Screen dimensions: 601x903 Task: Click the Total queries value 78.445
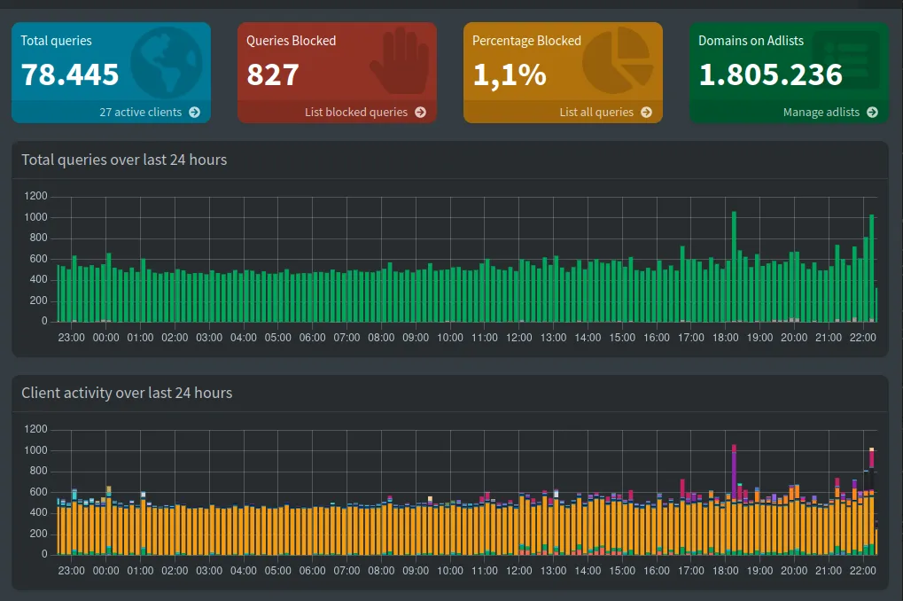click(70, 74)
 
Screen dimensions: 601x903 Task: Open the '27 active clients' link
click(149, 113)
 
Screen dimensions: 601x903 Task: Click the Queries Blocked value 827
click(273, 74)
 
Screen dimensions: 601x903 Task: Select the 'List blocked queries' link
click(364, 113)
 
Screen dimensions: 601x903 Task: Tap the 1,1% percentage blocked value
click(509, 74)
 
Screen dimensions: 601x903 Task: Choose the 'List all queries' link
click(604, 113)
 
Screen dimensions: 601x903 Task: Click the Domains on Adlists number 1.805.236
click(770, 74)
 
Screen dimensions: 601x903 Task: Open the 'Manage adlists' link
click(829, 113)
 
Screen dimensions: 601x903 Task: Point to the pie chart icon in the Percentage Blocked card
click(618, 60)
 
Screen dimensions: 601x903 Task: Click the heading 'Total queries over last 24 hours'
click(124, 160)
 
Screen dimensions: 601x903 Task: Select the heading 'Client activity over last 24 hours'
click(127, 394)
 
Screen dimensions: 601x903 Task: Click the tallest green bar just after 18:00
click(734, 266)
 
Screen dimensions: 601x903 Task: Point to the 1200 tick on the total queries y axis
click(35, 196)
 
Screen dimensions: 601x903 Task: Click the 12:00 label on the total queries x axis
click(518, 338)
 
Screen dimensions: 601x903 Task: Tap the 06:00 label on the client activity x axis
click(312, 571)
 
